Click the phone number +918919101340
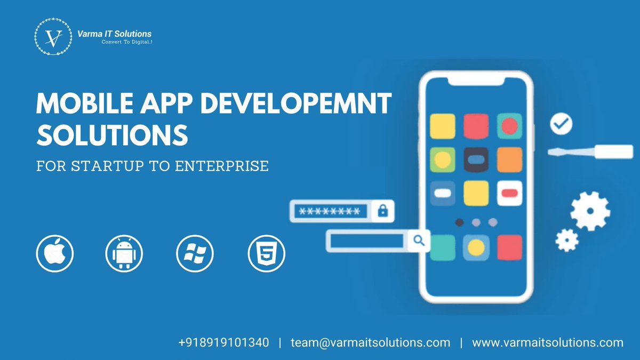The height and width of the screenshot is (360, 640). (223, 342)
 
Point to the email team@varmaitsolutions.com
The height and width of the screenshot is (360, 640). (370, 342)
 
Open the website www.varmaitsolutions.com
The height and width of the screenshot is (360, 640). (548, 342)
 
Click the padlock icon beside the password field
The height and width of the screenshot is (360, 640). (382, 211)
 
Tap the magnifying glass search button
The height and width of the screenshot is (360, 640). (419, 240)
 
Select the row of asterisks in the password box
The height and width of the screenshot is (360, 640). (329, 212)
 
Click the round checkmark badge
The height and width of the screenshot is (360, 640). (561, 124)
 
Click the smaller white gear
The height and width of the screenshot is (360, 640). (566, 240)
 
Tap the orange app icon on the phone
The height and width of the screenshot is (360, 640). (509, 159)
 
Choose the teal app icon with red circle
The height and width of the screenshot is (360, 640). (509, 126)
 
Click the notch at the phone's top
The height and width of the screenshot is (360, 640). (476, 79)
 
